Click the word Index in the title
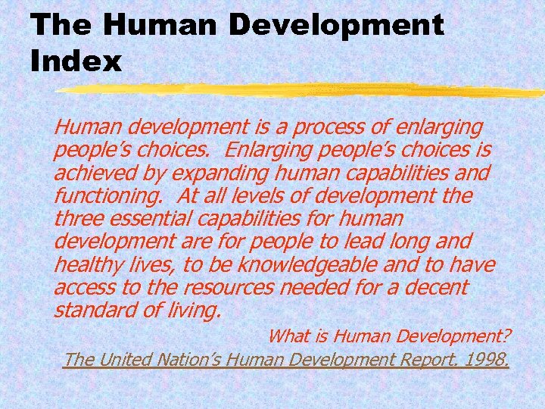[76, 60]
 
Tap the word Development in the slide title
[336, 24]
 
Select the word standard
[93, 311]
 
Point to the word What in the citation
[288, 335]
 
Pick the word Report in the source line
[424, 358]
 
